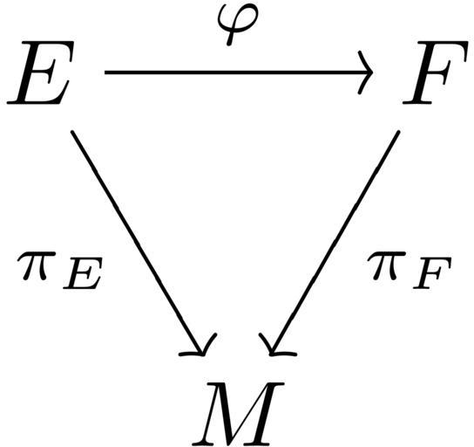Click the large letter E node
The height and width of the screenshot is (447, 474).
(x=41, y=72)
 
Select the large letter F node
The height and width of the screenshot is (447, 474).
(x=435, y=72)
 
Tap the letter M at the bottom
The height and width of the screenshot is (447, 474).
(x=238, y=413)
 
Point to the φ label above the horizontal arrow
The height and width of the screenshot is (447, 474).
(x=238, y=25)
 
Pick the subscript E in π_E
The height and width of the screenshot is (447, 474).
(x=82, y=273)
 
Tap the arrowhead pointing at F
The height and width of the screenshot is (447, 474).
(x=365, y=72)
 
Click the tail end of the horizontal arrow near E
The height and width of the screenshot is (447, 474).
(x=105, y=72)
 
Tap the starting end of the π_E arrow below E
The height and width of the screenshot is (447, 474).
(x=72, y=132)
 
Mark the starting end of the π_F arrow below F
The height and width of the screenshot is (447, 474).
(x=398, y=132)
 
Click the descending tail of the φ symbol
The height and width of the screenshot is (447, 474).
(x=230, y=38)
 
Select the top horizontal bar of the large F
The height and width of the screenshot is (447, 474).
(x=442, y=45)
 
